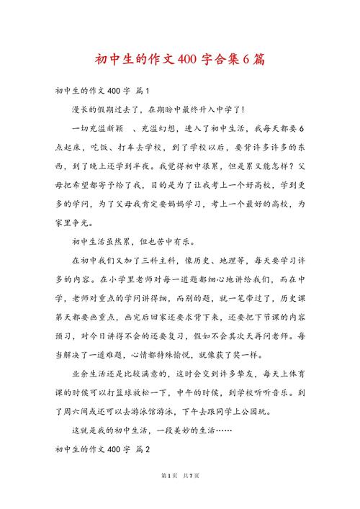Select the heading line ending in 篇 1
coord(101,91)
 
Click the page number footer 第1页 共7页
coord(180,496)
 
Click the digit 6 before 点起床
coord(302,127)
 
